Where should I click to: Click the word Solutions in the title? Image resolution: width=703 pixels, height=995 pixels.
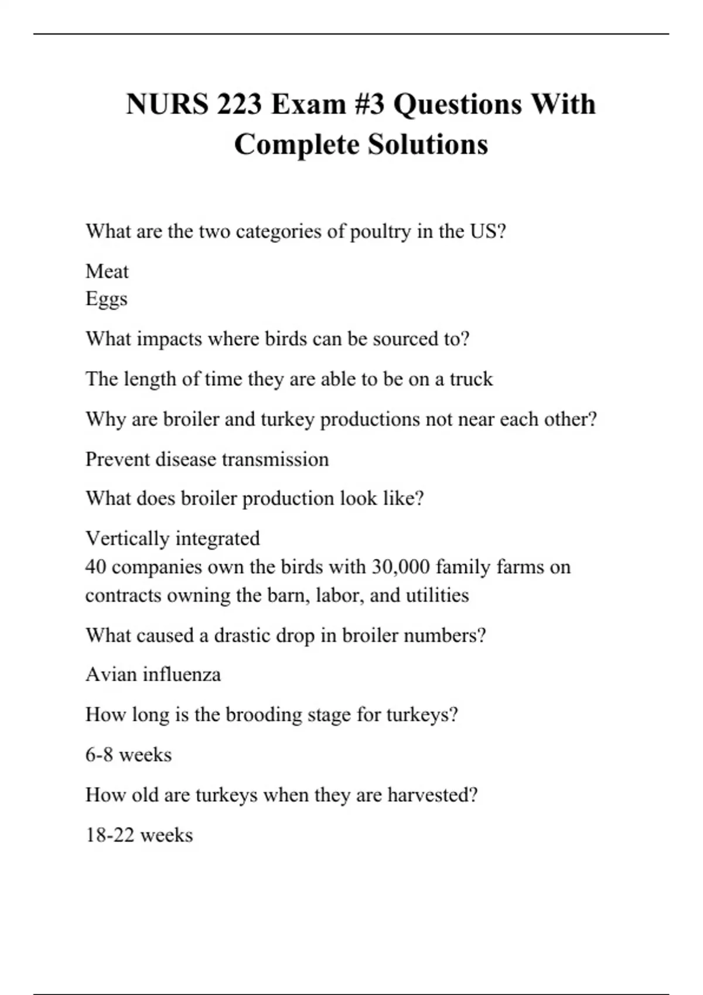[x=428, y=145]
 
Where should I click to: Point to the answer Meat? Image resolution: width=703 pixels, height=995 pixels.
[x=107, y=272]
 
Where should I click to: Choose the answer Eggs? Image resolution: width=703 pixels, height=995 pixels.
[x=106, y=299]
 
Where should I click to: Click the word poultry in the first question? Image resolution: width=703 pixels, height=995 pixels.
[x=380, y=232]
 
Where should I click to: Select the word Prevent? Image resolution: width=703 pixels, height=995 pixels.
[x=117, y=459]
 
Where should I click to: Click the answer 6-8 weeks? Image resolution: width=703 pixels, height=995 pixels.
[x=128, y=755]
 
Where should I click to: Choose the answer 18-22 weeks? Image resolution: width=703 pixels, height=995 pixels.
[x=139, y=835]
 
